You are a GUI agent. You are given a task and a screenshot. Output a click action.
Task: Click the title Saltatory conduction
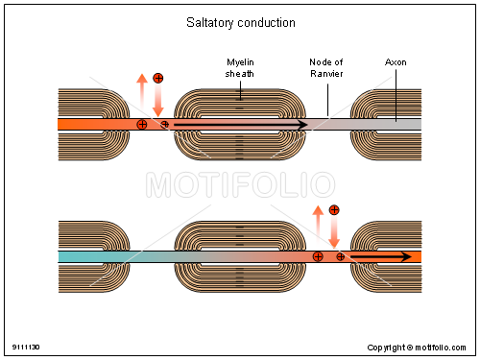click(240, 22)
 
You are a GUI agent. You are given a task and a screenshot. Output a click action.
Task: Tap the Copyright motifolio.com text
click(421, 347)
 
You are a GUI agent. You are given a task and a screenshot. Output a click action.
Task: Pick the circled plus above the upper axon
click(158, 77)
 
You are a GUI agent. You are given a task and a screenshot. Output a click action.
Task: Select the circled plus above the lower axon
click(334, 209)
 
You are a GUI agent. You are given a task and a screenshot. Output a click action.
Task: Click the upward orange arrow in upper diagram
click(141, 92)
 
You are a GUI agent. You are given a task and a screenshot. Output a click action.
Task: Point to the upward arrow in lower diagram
click(317, 225)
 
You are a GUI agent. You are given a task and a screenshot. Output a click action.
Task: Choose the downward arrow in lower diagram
click(334, 231)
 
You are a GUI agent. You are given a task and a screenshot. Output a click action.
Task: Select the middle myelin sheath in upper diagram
click(239, 125)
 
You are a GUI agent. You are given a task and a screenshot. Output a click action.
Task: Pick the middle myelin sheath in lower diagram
click(239, 256)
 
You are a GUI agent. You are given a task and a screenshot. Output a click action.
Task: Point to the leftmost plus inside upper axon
click(142, 125)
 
